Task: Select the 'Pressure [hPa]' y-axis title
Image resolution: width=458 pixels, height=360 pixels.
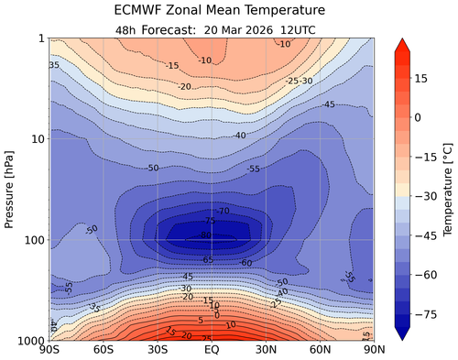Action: click(11, 189)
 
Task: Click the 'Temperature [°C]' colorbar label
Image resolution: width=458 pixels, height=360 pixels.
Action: click(446, 189)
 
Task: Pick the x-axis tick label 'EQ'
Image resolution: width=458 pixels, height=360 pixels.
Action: click(211, 350)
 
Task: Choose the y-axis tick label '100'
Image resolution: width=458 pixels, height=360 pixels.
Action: click(33, 240)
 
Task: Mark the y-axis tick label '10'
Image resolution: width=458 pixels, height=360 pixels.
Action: click(37, 139)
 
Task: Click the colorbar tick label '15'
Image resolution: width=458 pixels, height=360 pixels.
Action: click(422, 79)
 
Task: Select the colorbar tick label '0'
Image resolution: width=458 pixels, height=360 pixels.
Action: click(419, 117)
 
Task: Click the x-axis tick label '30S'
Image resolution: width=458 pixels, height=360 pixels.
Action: click(157, 350)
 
